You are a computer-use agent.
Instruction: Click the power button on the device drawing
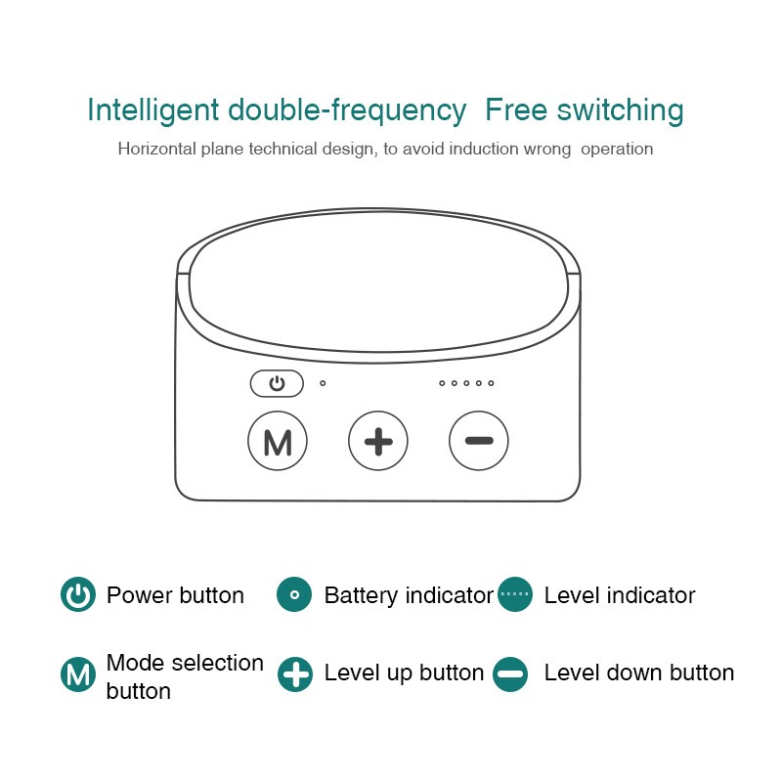coord(277,384)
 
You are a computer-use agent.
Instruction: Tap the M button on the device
coord(278,442)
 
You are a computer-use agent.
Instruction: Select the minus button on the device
coord(479,441)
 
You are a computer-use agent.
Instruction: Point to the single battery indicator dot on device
coord(323,383)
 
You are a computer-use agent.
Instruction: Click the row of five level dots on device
coord(466,383)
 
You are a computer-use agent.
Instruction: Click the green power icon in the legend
coord(78,594)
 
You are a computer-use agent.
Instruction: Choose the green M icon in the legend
coord(78,673)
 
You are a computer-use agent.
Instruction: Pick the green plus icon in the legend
coord(294,673)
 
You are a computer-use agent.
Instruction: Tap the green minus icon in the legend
coord(510,673)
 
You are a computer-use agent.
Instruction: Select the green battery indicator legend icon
coord(294,594)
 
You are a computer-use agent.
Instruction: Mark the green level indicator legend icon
coord(514,594)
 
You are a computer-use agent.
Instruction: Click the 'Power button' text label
coord(175,595)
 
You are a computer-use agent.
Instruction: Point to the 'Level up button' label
coord(404,673)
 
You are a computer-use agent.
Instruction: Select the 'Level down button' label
coord(638,673)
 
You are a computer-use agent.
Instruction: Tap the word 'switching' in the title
coord(620,110)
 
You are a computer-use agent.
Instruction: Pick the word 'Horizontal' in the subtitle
coord(157,150)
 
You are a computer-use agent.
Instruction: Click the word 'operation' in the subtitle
coord(616,150)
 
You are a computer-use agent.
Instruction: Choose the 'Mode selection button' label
coord(185,676)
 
